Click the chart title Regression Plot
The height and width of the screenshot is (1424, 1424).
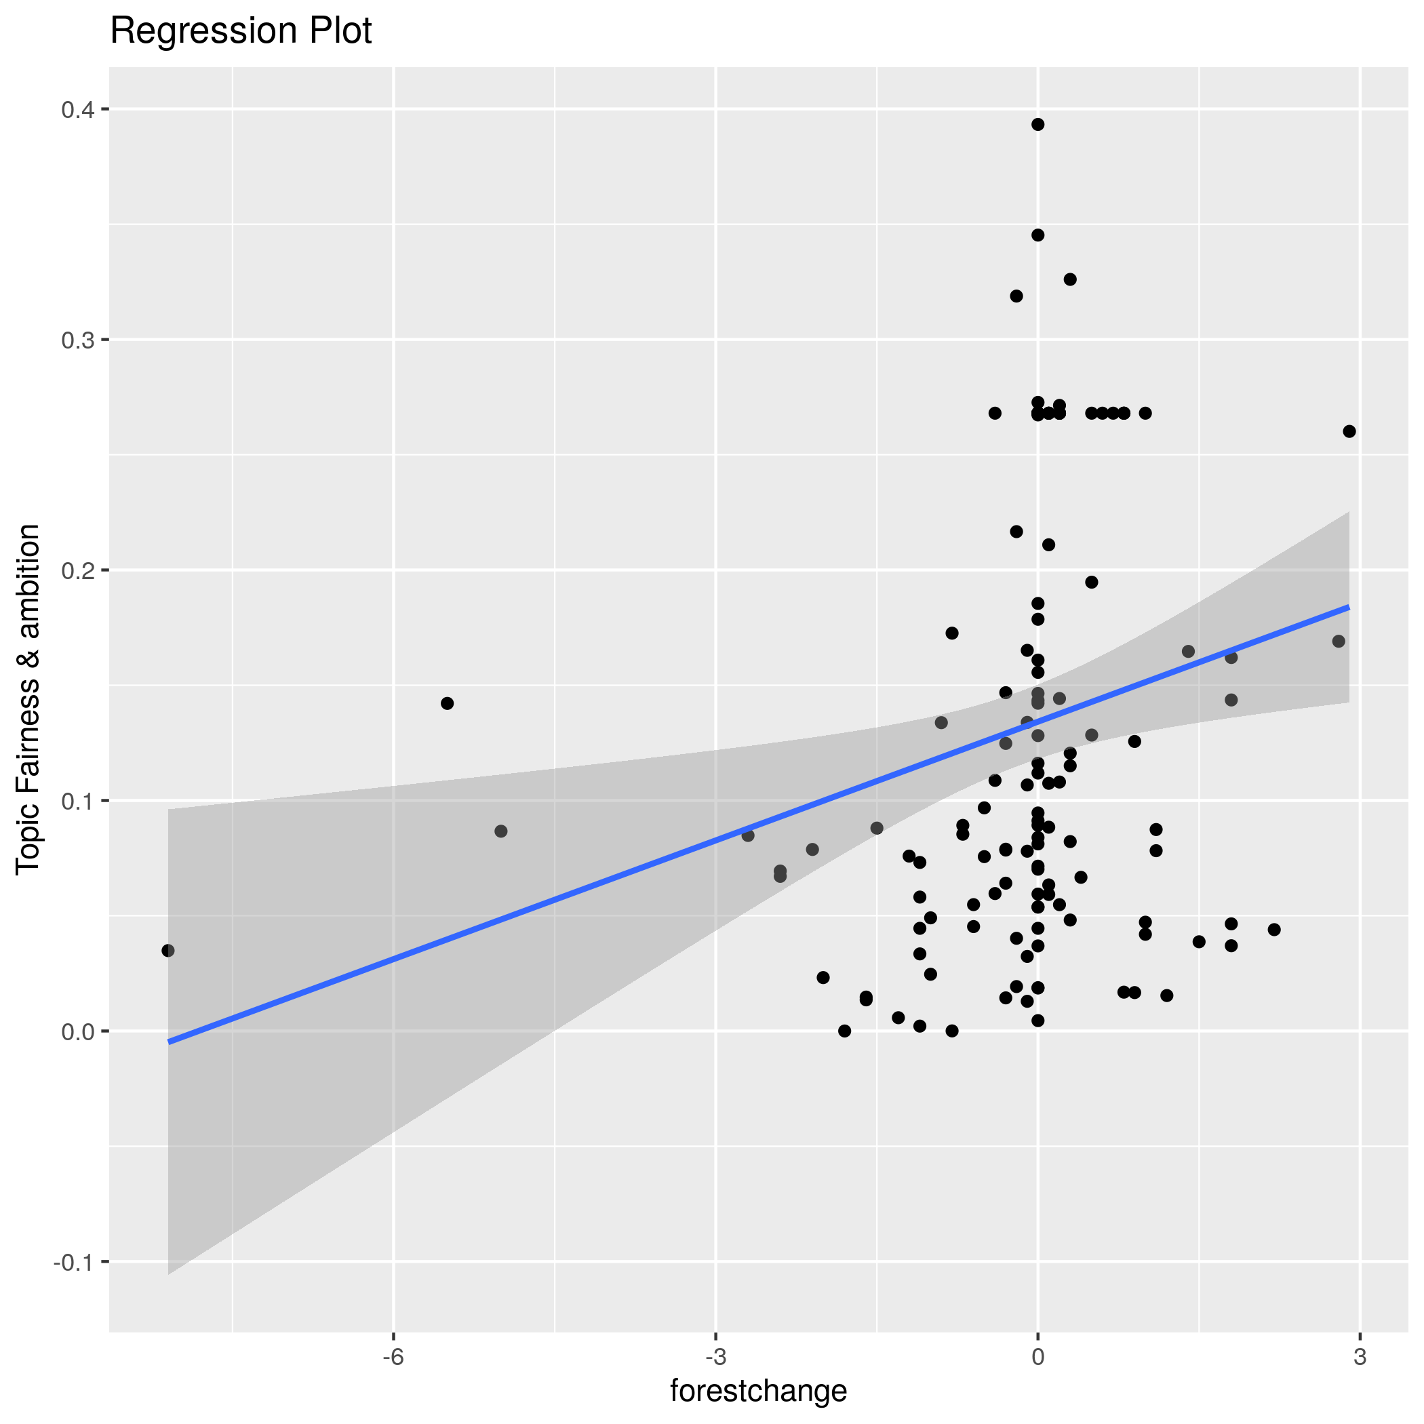pos(240,32)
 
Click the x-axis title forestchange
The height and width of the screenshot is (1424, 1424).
pos(758,1391)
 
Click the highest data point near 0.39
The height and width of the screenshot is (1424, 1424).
pos(1037,125)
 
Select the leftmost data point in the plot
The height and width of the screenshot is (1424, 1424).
pos(168,951)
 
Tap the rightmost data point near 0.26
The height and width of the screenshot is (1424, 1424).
pos(1349,431)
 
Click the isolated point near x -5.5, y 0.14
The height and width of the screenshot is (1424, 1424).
pos(448,703)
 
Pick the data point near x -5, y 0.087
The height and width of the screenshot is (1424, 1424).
pos(501,831)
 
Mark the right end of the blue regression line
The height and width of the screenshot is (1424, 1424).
pos(1349,608)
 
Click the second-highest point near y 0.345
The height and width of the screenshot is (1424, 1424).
pos(1037,235)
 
